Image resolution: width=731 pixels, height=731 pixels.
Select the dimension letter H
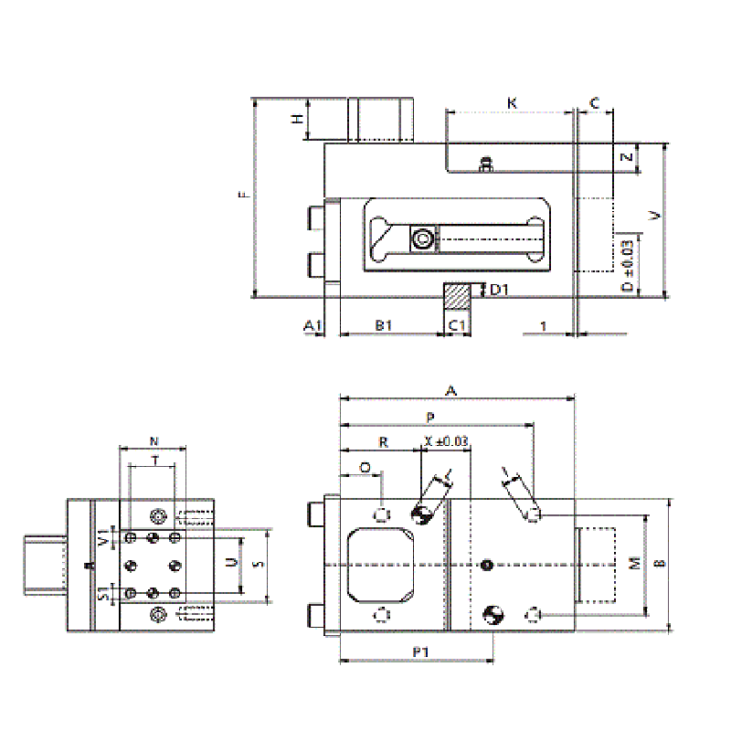tap(295, 120)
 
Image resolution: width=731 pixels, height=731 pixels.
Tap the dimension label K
tap(512, 103)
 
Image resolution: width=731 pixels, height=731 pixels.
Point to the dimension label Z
tap(626, 158)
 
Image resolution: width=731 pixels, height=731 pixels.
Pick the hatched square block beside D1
tap(457, 294)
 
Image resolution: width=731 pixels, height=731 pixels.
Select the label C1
tap(457, 324)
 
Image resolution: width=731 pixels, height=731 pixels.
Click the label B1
tap(383, 324)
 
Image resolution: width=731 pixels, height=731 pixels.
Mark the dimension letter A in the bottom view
tap(450, 390)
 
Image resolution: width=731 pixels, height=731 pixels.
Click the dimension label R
tap(384, 442)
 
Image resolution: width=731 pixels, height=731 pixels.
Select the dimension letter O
tap(365, 467)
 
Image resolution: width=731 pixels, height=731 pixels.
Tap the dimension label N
tap(153, 440)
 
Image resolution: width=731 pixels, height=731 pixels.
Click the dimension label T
tap(156, 461)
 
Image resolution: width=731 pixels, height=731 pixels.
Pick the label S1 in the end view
tap(103, 596)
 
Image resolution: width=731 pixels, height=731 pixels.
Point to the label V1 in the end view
tap(103, 537)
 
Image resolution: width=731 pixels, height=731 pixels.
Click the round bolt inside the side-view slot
tap(422, 240)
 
